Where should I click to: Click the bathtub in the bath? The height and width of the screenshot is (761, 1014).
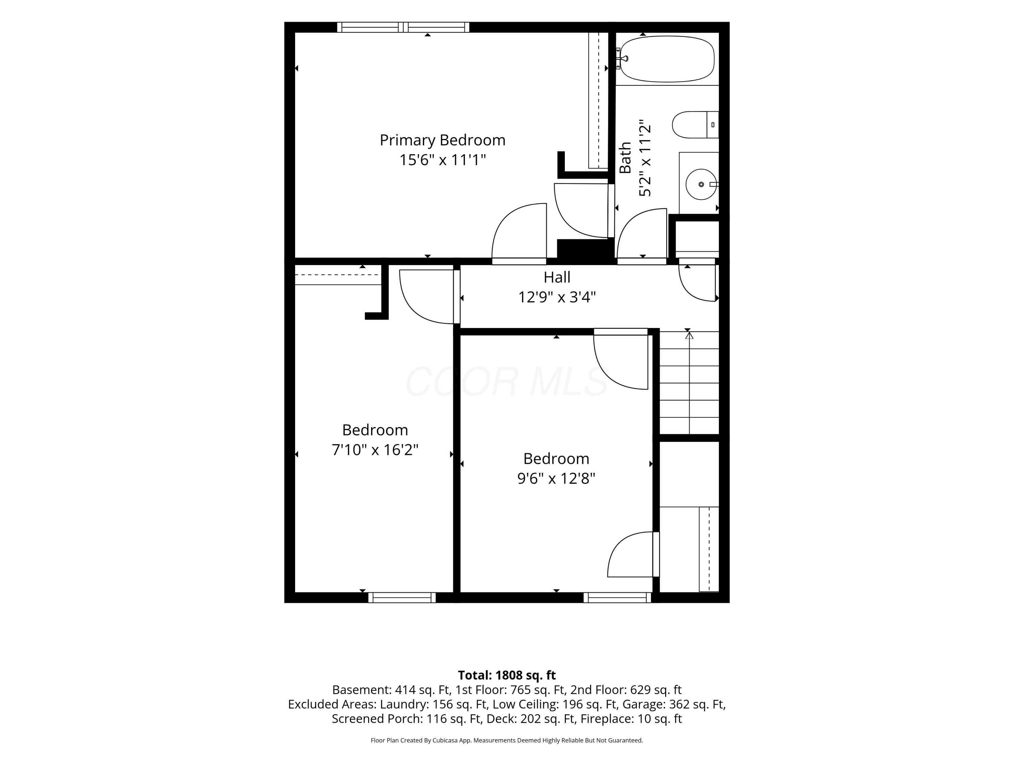pos(667,59)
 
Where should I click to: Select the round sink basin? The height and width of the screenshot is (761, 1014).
pos(701,184)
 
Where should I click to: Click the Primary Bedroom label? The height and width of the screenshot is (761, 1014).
pos(442,140)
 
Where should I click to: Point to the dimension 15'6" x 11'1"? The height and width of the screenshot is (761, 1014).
pos(442,160)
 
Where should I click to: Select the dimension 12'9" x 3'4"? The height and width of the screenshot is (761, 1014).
pos(557,297)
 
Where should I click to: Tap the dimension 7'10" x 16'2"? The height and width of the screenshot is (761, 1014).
pos(375,449)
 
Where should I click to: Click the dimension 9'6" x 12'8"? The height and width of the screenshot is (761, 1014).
pos(556,479)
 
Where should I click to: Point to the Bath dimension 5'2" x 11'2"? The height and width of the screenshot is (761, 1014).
pos(645,158)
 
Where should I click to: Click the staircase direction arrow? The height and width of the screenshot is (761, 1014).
pos(689,383)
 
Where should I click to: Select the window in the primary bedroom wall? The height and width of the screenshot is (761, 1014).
pos(403,27)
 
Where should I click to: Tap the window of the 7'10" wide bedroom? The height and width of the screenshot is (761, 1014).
pos(402,597)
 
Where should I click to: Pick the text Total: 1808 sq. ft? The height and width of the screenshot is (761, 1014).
pos(507,675)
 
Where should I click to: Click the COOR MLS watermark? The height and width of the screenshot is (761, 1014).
pos(507,382)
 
